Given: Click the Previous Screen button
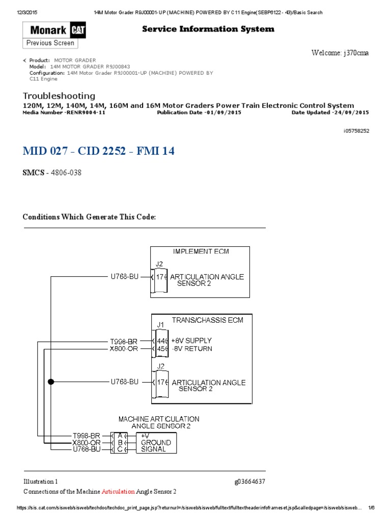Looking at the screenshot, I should click(50, 43).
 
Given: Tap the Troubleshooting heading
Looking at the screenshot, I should click(59, 96).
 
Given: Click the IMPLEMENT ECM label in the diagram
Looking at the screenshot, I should click(199, 251).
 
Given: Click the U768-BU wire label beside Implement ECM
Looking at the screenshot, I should click(125, 277).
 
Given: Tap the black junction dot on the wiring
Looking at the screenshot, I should click(50, 381).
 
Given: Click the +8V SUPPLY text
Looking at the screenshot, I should click(191, 340).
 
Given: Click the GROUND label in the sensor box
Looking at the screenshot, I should click(156, 443).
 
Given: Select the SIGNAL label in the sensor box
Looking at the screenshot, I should click(153, 449).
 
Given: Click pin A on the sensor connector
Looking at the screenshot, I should click(120, 436).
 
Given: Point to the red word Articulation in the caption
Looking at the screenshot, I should click(118, 491).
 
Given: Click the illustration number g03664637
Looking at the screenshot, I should click(249, 481).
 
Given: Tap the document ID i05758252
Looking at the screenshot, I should click(356, 131).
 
